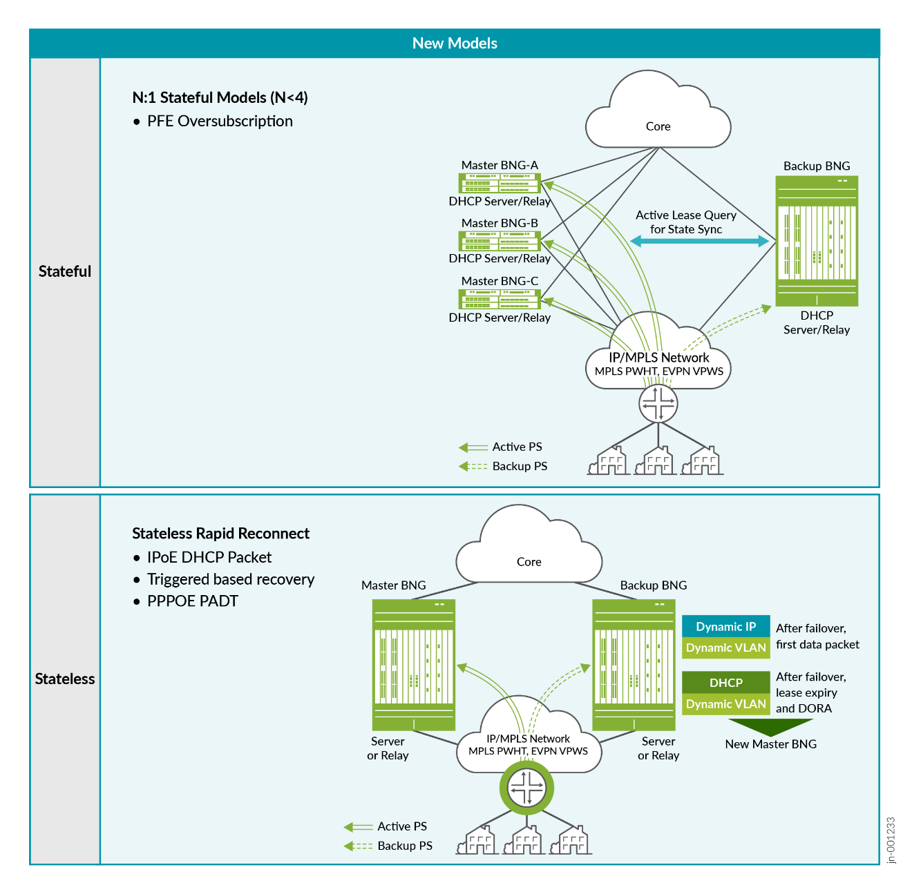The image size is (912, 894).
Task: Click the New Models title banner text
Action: coord(455,43)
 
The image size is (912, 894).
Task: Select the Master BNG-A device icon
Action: coord(500,183)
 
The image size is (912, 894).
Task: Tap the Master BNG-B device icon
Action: coord(500,241)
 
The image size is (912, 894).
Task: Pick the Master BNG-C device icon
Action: coord(500,299)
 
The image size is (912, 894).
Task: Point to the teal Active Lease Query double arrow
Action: coord(699,241)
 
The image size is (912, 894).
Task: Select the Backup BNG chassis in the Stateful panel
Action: coord(817,241)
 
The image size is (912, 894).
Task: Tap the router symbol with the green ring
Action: coord(526,787)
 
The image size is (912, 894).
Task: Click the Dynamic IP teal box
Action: coord(725,626)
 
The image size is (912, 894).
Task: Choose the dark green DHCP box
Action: coord(725,682)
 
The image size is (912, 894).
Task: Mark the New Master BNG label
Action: coord(770,744)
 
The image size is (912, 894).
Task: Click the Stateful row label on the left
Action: coord(65,271)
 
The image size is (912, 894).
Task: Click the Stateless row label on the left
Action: coord(65,679)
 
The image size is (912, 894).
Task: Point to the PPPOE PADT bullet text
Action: coord(192,601)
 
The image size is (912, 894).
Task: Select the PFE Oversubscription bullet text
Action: coord(220,122)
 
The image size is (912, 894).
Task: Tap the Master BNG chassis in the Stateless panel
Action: coord(413,665)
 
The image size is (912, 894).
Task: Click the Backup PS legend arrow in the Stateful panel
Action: coord(473,467)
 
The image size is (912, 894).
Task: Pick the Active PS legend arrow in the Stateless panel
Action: coord(358,827)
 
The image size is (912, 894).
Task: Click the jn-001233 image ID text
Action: coord(891,840)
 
